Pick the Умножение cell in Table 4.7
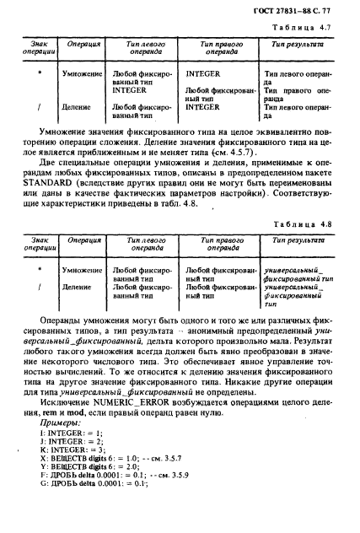[82, 75]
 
